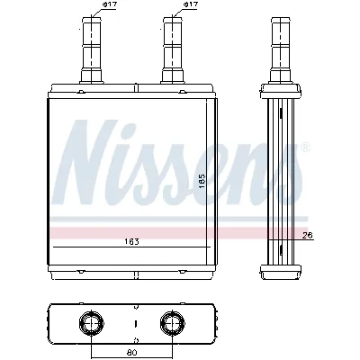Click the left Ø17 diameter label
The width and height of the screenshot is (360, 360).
click(x=109, y=5)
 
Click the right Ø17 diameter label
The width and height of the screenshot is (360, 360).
click(x=190, y=5)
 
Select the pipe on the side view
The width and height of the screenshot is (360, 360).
click(x=277, y=49)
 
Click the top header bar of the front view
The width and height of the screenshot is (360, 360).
click(x=131, y=89)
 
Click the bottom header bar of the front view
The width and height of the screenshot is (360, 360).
click(x=131, y=267)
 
